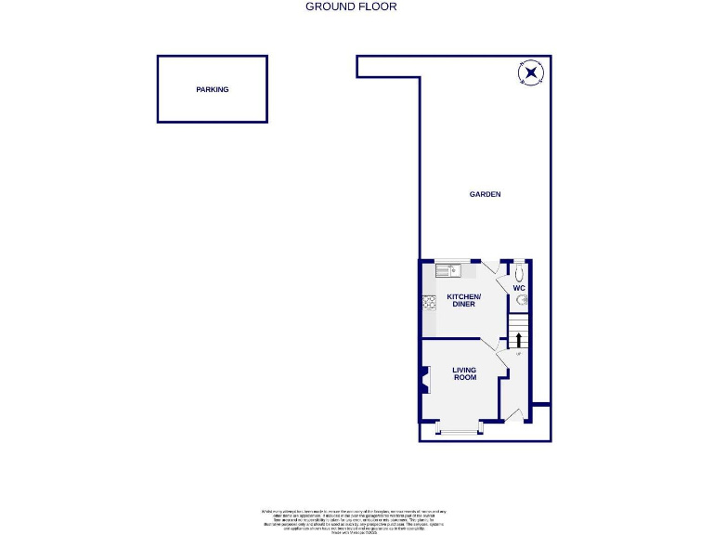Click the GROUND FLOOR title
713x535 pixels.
351,7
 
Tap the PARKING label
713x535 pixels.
212,90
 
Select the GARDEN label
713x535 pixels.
485,194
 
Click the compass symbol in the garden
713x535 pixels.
531,73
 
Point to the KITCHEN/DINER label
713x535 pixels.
463,300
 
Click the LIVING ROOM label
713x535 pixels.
464,373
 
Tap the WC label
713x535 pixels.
520,289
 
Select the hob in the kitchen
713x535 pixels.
430,302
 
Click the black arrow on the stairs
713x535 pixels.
518,339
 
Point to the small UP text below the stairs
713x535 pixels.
519,354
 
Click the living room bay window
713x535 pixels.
460,430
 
